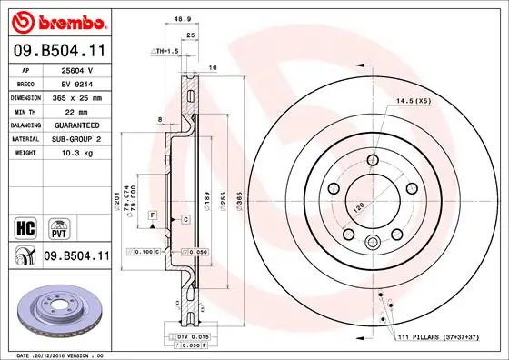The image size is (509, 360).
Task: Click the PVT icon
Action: [x=55, y=225]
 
